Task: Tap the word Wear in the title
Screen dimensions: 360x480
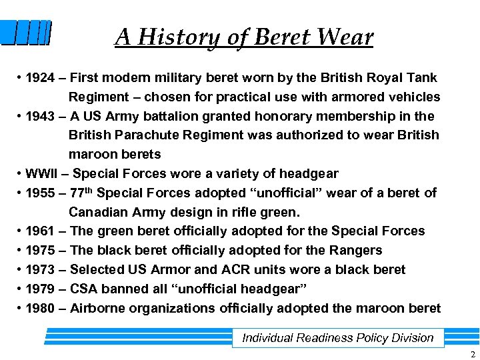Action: [345, 37]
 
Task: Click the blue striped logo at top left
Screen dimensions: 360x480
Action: [25, 33]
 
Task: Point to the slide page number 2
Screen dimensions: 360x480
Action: [471, 353]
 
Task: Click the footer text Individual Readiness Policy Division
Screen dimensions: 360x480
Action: [337, 338]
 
